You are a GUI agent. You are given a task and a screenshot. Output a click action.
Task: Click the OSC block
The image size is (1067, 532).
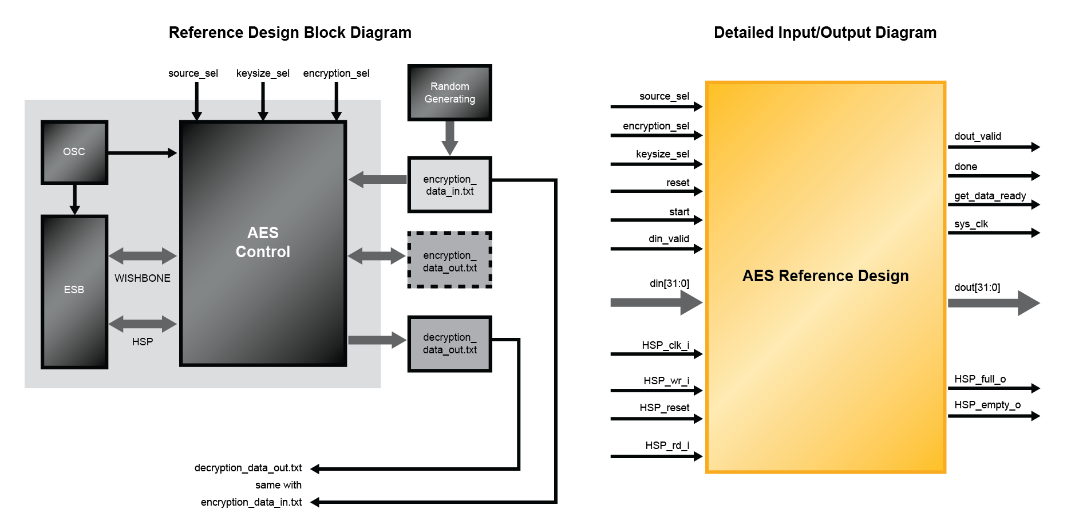click(74, 152)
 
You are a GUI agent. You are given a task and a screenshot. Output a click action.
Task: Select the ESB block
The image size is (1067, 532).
click(74, 291)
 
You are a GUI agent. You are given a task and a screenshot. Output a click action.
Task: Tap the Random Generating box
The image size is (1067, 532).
click(449, 93)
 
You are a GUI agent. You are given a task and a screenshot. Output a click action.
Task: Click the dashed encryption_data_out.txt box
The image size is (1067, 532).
click(449, 261)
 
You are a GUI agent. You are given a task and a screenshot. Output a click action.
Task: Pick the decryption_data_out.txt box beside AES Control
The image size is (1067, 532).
click(449, 344)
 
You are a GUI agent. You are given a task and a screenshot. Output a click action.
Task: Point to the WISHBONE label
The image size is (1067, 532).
click(142, 278)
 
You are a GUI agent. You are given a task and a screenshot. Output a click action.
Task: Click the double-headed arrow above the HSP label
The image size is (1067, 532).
click(143, 324)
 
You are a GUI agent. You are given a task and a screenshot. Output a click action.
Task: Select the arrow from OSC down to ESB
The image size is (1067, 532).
click(74, 199)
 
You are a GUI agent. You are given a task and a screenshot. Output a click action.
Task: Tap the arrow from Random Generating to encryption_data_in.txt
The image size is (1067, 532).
click(450, 138)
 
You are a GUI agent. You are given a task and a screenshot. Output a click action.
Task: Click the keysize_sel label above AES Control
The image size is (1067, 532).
click(263, 73)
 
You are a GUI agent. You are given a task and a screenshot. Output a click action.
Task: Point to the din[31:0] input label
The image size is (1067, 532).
click(669, 283)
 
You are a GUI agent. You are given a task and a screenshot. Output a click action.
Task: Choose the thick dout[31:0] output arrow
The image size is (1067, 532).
click(993, 303)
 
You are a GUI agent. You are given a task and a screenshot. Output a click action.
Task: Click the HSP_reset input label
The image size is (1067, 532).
click(664, 408)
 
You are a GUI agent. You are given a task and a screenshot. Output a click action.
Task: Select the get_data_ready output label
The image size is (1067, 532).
click(990, 196)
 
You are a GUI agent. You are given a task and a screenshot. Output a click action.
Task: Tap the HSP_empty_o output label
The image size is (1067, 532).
click(987, 405)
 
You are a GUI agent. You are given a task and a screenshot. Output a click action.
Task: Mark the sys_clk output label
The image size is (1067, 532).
click(971, 224)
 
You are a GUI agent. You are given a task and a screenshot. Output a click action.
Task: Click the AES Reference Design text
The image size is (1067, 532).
click(825, 276)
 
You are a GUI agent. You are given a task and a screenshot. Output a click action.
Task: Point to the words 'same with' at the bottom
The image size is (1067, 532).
click(278, 485)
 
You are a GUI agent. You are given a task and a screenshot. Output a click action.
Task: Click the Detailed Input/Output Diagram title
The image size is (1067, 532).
click(825, 33)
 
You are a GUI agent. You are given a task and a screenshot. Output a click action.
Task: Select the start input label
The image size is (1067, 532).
click(679, 212)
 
